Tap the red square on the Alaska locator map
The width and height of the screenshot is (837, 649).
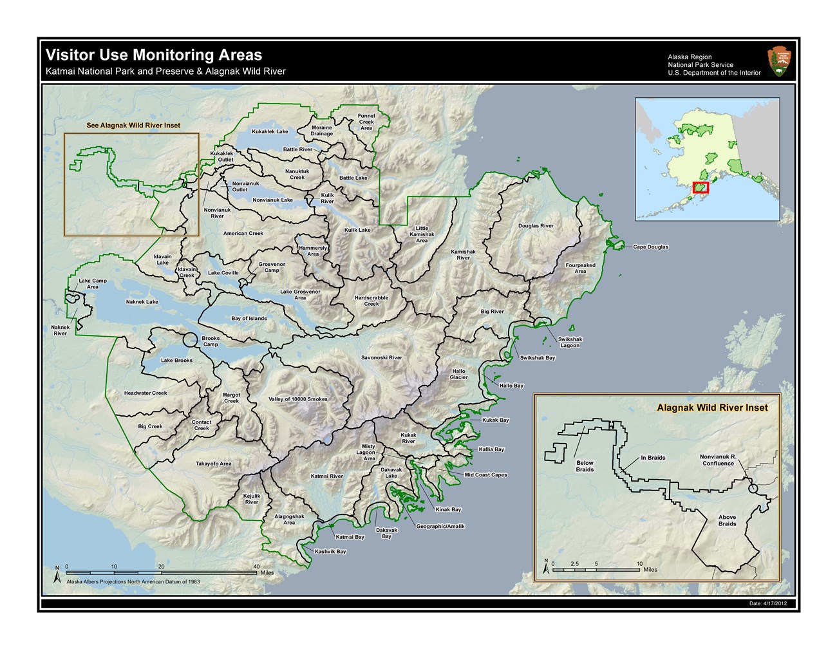[x=701, y=188]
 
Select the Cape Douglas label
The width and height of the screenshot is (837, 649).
[x=650, y=247]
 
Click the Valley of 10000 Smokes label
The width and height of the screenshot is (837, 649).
[x=298, y=399]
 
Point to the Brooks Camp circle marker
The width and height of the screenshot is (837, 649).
[x=191, y=341]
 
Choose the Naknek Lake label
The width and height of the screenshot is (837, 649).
[x=142, y=302]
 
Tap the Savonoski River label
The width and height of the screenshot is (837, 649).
[x=381, y=358]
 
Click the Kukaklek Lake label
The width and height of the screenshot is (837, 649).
[x=270, y=132]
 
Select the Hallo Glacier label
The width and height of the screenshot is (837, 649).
[x=458, y=374]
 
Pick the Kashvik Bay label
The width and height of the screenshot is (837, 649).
[x=330, y=552]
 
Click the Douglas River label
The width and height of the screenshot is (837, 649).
[x=536, y=226]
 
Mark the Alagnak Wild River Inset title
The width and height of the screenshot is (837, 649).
[x=712, y=408]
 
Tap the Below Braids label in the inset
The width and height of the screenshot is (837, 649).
[x=585, y=466]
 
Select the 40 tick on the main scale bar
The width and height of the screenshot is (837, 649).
[x=256, y=567]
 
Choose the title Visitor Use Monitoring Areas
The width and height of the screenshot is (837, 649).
[x=154, y=55]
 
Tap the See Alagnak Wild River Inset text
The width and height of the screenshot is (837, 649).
[x=133, y=126]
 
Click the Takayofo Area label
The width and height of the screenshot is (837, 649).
[x=214, y=464]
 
